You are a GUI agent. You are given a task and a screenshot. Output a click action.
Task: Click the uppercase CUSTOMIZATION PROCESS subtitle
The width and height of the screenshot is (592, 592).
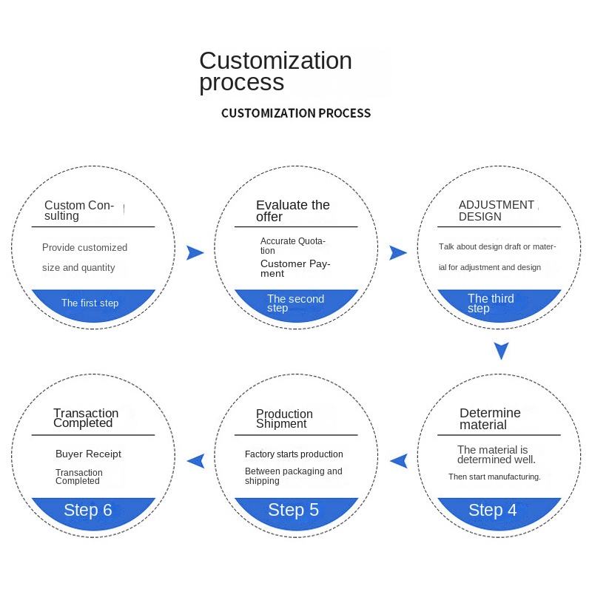(296, 113)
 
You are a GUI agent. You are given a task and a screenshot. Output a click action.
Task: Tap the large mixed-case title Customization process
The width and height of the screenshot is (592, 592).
(275, 71)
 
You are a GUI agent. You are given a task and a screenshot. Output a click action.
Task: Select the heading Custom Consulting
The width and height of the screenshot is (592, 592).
(79, 210)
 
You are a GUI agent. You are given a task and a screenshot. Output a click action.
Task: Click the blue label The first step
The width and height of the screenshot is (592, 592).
(90, 303)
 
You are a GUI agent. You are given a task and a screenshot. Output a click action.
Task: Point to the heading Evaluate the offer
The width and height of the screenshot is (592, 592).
(292, 210)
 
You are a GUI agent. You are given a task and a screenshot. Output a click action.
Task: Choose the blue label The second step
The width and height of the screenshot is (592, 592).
(295, 303)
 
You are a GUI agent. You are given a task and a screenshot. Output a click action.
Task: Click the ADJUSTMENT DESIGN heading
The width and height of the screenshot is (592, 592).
(496, 210)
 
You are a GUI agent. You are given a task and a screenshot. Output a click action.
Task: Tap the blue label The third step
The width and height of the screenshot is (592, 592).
(490, 303)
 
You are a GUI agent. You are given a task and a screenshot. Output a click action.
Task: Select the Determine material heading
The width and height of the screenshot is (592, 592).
(490, 419)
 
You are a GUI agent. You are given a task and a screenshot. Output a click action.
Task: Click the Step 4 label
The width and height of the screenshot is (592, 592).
(492, 510)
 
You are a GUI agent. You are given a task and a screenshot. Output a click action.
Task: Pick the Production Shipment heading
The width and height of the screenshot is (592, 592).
(284, 419)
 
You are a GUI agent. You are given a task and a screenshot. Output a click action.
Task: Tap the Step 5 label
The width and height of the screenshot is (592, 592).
(293, 510)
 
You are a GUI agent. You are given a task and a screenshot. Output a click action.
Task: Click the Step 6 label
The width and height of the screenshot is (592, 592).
(88, 510)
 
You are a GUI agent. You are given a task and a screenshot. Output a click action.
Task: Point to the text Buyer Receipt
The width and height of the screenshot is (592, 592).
(88, 454)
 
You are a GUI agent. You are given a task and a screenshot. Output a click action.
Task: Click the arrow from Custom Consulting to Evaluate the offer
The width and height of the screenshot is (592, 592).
(195, 253)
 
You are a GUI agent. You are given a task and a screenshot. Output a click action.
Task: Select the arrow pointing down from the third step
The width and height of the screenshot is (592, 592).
(502, 350)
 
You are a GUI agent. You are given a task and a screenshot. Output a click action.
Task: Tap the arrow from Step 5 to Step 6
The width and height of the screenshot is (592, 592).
(196, 461)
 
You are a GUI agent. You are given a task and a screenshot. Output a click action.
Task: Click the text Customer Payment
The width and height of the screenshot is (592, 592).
(295, 268)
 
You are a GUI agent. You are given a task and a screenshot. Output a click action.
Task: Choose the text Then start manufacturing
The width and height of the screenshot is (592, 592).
(494, 477)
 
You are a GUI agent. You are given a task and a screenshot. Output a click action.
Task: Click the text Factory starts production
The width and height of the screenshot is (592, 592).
(294, 454)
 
